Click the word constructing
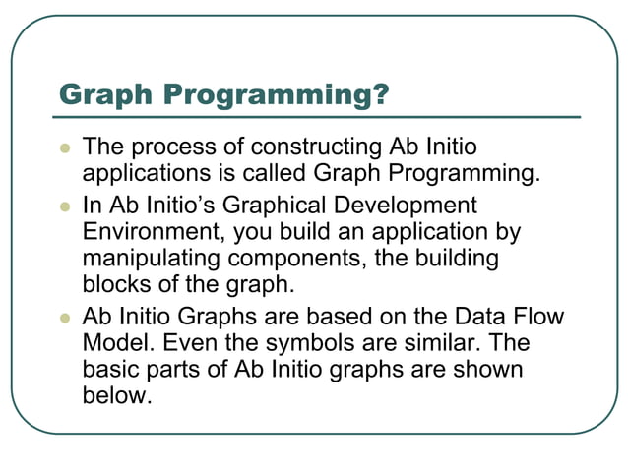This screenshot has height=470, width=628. coord(314,147)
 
